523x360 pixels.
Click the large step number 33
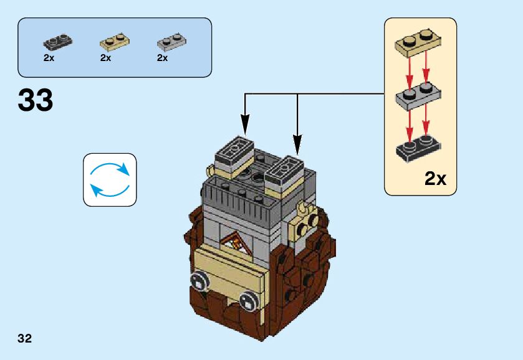tap(36, 100)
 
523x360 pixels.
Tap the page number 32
tap(25, 339)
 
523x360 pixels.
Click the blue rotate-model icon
tap(110, 180)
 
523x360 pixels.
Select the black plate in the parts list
tap(57, 42)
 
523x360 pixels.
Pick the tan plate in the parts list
tap(115, 42)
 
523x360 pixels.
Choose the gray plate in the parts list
tap(171, 42)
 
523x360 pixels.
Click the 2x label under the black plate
tap(49, 58)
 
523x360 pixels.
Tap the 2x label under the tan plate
tap(105, 58)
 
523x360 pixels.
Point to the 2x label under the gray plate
tap(162, 58)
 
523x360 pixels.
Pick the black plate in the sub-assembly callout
tap(418, 148)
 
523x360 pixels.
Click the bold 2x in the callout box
tap(435, 179)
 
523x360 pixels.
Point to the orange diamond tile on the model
tap(237, 241)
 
